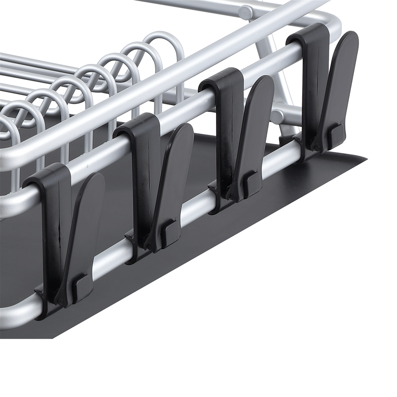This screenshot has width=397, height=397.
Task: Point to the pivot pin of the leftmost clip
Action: point(60,302)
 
